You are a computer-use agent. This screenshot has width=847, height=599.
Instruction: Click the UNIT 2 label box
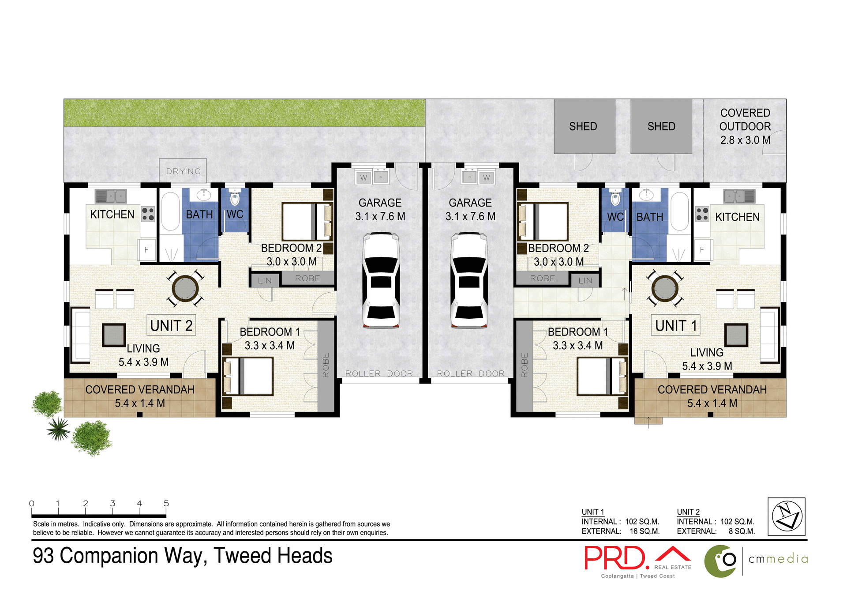pyautogui.click(x=171, y=325)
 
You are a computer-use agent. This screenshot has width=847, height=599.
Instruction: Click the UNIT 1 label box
pyautogui.click(x=675, y=325)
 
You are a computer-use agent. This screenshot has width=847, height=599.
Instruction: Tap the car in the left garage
pyautogui.click(x=381, y=281)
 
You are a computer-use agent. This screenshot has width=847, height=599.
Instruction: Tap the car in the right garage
pyautogui.click(x=469, y=281)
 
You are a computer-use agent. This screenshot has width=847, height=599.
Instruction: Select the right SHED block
pyautogui.click(x=661, y=126)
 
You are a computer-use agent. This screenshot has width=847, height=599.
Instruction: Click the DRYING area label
pyautogui.click(x=183, y=171)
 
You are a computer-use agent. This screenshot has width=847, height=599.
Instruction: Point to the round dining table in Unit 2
pyautogui.click(x=185, y=288)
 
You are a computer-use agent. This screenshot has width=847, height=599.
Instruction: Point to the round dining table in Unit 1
pyautogui.click(x=664, y=288)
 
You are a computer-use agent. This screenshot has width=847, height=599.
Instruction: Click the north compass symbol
pyautogui.click(x=786, y=516)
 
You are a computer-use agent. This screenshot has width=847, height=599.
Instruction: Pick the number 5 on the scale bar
pyautogui.click(x=166, y=503)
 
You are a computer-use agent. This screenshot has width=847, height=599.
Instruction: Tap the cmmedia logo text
pyautogui.click(x=778, y=559)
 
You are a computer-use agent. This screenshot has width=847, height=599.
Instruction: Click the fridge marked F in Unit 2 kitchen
pyautogui.click(x=146, y=250)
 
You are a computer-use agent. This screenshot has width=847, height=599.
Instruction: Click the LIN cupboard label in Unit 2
pyautogui.click(x=265, y=280)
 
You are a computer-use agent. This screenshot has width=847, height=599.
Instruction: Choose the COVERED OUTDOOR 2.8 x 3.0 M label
pyautogui.click(x=745, y=126)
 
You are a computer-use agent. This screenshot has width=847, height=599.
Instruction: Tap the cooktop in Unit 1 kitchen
pyautogui.click(x=702, y=214)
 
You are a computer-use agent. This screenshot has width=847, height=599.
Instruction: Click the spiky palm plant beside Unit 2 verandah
pyautogui.click(x=58, y=429)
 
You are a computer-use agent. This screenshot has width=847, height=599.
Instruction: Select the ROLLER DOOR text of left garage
pyautogui.click(x=379, y=373)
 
